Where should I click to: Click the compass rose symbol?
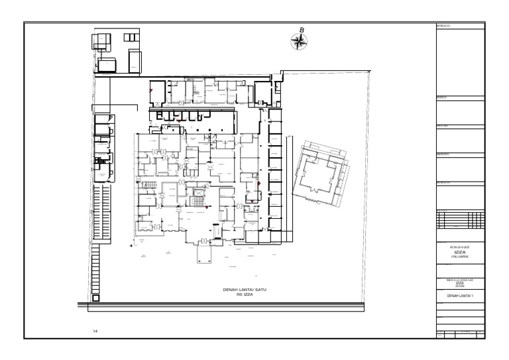point(300,42)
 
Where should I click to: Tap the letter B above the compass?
point(302,30)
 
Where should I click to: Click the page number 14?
point(95,330)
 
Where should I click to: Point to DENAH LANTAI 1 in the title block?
point(461,294)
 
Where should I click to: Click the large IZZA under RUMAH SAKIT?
point(461,252)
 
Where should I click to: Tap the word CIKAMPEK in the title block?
point(461,257)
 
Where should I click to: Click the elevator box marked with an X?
point(198,193)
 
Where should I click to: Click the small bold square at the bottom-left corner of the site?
point(96,298)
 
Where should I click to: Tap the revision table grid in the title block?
point(461,219)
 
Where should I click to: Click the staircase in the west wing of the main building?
point(150,184)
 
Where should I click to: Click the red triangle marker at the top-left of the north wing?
point(151,90)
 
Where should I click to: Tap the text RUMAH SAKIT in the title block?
point(461,247)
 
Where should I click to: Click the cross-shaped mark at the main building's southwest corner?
point(132,245)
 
